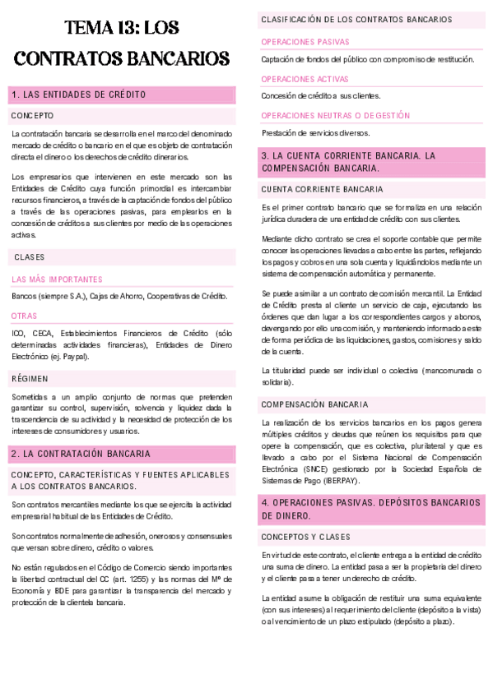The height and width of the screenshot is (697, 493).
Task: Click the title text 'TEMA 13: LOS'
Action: [121, 28]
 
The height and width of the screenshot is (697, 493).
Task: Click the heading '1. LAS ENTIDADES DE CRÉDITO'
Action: [79, 95]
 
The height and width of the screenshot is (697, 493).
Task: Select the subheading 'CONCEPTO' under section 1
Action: [33, 116]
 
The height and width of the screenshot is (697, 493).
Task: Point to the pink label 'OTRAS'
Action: [24, 316]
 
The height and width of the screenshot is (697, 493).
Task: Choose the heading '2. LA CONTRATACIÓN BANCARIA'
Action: [81, 453]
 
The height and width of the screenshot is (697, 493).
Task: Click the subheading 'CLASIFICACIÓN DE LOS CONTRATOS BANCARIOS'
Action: [356, 19]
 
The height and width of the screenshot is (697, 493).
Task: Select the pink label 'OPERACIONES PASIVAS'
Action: [305, 41]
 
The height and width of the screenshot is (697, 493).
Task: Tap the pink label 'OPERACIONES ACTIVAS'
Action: [305, 79]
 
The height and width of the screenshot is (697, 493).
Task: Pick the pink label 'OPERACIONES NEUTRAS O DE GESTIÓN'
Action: [335, 116]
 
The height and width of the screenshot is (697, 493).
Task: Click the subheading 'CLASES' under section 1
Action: [29, 257]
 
